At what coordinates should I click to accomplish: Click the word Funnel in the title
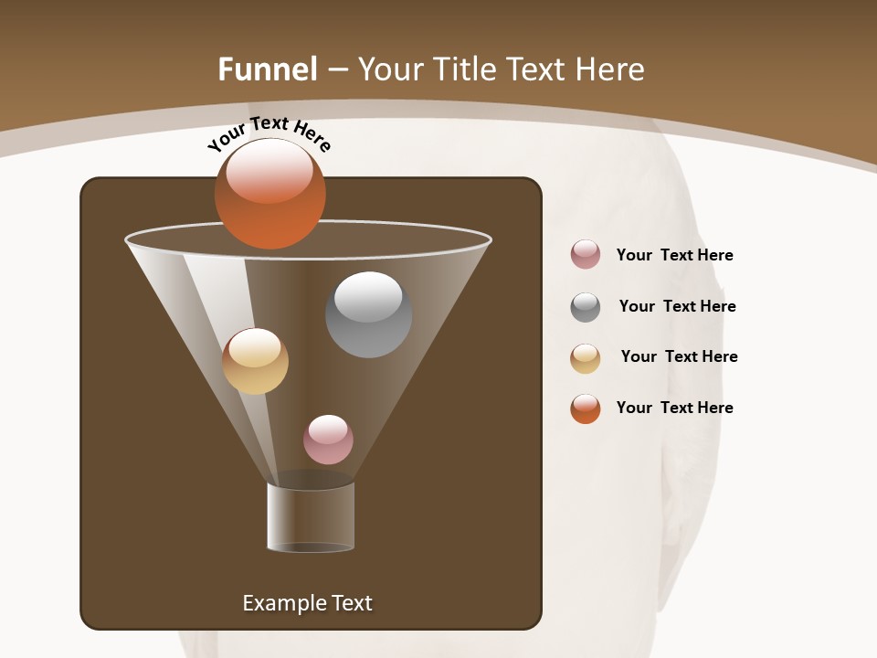pos(268,69)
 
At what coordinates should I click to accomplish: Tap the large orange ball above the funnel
pos(269,195)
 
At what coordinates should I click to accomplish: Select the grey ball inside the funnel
pos(368,314)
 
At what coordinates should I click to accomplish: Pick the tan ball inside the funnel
pos(255,362)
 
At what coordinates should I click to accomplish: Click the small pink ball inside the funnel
pos(328,440)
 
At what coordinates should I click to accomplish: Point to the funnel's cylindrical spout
pos(311,517)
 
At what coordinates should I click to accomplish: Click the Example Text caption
pos(307,603)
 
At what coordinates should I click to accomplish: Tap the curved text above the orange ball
pos(269,133)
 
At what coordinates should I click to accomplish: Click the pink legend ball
pos(586,254)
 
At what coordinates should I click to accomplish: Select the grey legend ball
pos(586,307)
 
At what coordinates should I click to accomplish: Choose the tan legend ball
pos(586,358)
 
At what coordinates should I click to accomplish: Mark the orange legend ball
pos(586,409)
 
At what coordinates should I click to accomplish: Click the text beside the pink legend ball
pos(674,255)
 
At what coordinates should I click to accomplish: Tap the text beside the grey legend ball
pos(677,306)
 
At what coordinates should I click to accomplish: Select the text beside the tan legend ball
pos(679,356)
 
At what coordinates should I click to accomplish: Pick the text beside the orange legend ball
pos(674,408)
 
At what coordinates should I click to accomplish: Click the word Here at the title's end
pos(612,69)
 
